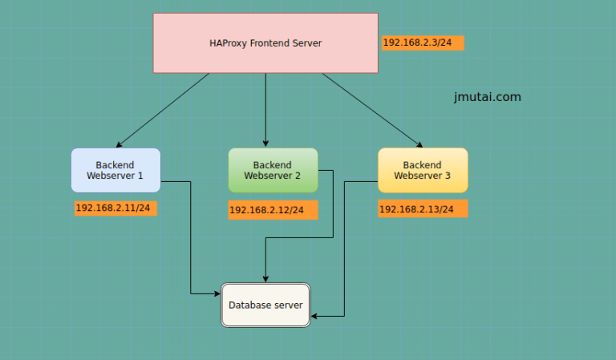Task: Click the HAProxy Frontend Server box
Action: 265,43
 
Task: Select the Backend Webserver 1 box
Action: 115,170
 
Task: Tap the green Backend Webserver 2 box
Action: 273,170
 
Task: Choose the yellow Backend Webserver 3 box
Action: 422,170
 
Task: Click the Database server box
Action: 265,305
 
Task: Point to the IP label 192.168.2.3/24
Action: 423,42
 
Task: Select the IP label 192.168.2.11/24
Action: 116,208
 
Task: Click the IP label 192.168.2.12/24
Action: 272,210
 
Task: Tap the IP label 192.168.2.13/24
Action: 422,209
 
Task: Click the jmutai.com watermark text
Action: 487,97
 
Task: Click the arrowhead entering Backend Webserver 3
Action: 419,145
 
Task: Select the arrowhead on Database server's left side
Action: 217,294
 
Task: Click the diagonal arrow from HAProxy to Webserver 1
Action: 164,109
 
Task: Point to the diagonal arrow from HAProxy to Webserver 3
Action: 371,109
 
